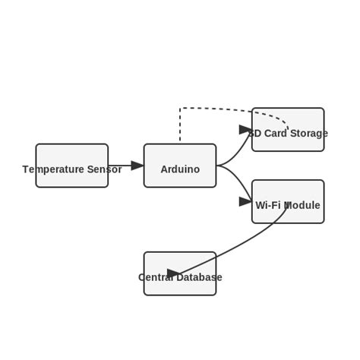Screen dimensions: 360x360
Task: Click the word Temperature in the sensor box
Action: point(54,169)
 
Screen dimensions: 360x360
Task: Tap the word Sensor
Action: point(105,169)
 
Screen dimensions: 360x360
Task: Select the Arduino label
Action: point(180,169)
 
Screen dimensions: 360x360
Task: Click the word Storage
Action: point(308,134)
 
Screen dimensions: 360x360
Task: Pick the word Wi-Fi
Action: point(267,206)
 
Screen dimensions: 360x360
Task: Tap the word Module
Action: point(302,206)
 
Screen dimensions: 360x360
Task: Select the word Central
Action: point(156,278)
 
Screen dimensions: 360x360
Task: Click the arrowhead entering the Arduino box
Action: point(137,166)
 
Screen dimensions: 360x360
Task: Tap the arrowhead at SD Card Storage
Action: point(245,130)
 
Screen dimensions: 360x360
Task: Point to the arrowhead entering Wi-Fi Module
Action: point(245,201)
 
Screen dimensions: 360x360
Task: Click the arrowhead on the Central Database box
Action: point(174,273)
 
